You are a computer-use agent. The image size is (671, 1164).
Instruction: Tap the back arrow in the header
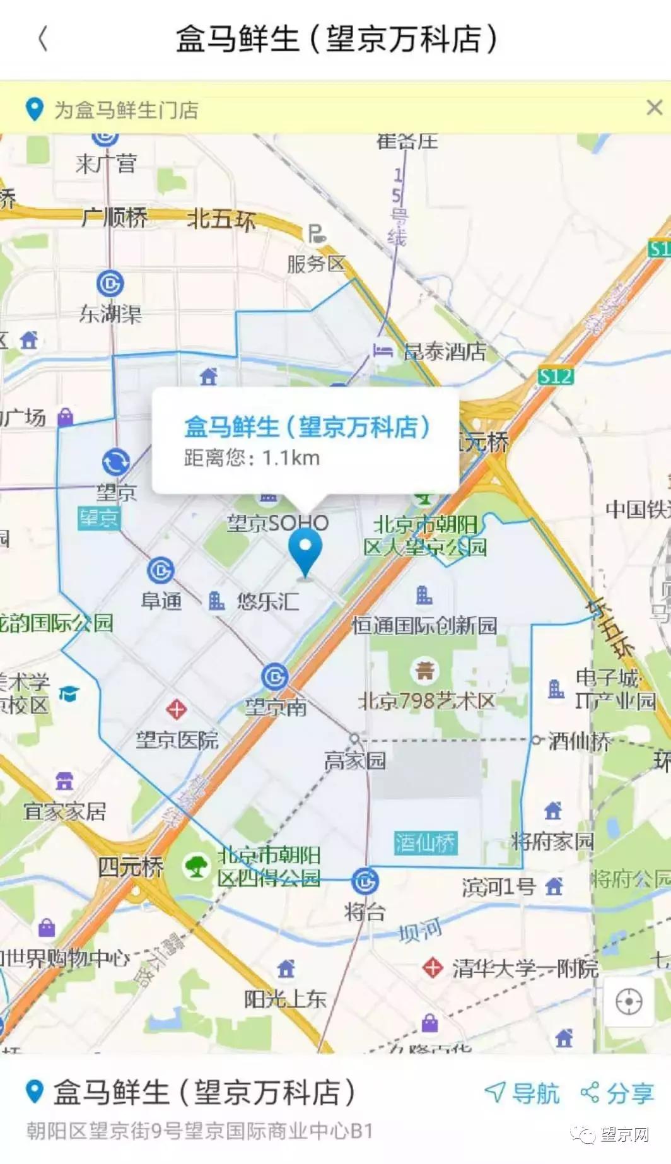43,38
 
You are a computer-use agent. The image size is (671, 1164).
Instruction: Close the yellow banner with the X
655,108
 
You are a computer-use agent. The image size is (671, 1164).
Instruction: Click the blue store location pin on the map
305,550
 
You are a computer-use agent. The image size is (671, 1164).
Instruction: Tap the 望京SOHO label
277,523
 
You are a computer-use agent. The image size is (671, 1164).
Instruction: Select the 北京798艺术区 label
426,700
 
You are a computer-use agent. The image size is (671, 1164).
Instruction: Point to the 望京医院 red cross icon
176,709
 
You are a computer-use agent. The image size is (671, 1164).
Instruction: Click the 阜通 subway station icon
160,570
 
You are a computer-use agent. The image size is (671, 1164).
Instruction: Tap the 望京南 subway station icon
275,677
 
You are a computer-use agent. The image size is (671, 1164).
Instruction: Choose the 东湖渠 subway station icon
110,284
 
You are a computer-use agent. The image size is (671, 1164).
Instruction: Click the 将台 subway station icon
365,881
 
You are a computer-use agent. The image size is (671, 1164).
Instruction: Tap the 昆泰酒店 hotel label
445,351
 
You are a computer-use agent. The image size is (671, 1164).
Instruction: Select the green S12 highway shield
556,377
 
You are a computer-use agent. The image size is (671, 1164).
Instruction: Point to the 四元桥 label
130,866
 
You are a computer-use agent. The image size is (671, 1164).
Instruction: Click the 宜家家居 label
65,811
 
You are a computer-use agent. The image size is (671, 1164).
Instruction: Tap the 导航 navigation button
522,1093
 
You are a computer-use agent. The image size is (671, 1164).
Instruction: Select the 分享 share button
617,1093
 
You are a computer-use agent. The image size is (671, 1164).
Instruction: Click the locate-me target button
629,1001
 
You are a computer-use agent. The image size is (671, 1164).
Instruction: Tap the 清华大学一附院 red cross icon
433,967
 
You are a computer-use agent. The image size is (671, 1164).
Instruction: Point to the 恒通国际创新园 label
424,625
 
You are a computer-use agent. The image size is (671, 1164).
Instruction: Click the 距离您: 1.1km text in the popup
252,457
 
